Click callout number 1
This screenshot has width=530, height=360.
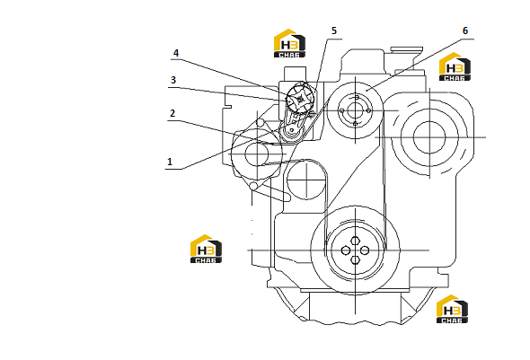click(x=170, y=162)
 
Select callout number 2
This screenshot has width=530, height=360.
click(x=172, y=113)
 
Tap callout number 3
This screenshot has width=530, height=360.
click(x=173, y=80)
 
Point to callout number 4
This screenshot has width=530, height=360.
click(x=176, y=53)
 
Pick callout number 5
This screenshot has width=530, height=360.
click(x=334, y=31)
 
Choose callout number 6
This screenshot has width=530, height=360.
click(x=465, y=31)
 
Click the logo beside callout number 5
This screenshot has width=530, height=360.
click(x=289, y=43)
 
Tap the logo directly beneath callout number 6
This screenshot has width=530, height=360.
click(x=455, y=66)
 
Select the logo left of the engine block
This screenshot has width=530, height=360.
click(x=206, y=249)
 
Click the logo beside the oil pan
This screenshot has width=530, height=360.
click(x=452, y=309)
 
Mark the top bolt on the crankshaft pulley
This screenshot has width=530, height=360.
click(x=355, y=241)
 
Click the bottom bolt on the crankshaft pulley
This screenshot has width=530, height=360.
click(x=355, y=259)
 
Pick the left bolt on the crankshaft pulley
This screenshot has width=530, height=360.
click(x=346, y=250)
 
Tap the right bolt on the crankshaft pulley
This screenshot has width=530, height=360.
click(x=365, y=250)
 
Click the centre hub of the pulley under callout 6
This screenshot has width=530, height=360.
click(x=355, y=110)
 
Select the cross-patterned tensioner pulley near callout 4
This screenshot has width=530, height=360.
click(x=300, y=99)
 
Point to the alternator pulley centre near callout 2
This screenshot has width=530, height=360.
click(x=257, y=154)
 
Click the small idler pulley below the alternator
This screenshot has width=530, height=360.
click(x=306, y=180)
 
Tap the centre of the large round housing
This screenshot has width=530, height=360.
click(x=429, y=137)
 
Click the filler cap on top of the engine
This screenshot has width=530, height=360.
click(x=406, y=49)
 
